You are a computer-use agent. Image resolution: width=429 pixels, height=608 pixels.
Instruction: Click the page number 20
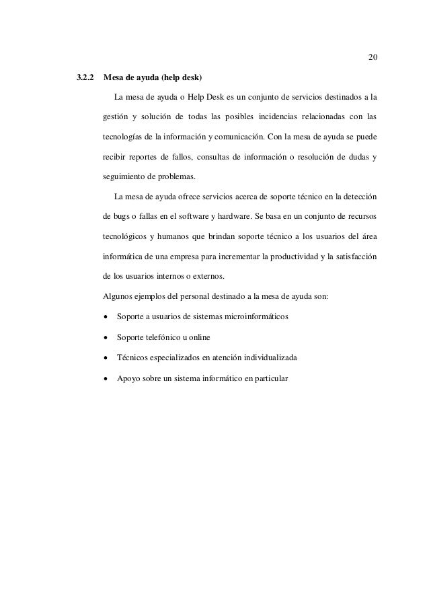(x=372, y=55)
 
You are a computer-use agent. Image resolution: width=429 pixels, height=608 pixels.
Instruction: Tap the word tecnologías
(x=124, y=139)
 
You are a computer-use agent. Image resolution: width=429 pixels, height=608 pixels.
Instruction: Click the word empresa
(x=215, y=257)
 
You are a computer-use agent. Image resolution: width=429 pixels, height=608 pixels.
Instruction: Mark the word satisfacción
(x=354, y=257)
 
